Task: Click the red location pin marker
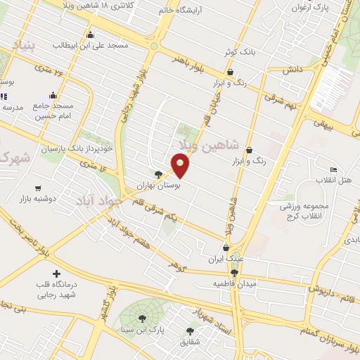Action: click(x=181, y=165)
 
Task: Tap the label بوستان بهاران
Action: click(x=162, y=186)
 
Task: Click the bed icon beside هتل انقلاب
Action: click(x=333, y=170)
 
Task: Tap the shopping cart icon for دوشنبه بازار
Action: click(x=37, y=188)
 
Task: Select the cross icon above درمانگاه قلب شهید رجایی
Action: click(x=56, y=273)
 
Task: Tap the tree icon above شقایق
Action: click(x=189, y=330)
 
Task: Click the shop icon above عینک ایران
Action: click(x=225, y=247)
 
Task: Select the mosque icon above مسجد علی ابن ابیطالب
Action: click(x=89, y=34)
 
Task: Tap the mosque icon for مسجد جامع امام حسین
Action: click(x=53, y=95)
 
